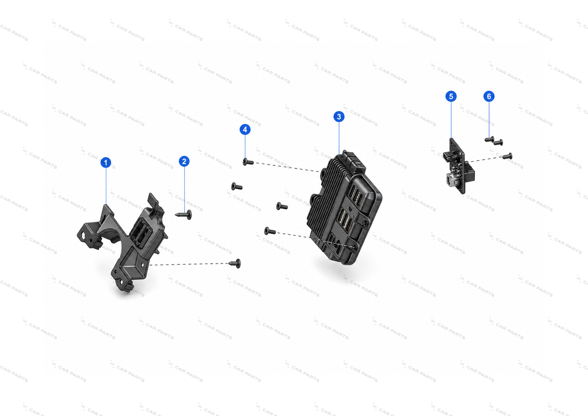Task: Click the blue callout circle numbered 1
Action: click(x=106, y=163)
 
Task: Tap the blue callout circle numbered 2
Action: click(x=184, y=161)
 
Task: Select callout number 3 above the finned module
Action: click(x=339, y=117)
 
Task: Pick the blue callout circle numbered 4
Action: click(x=245, y=130)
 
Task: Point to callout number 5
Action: click(x=451, y=97)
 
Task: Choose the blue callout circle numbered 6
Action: click(x=489, y=97)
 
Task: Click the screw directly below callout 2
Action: click(x=183, y=215)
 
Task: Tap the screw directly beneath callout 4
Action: click(x=248, y=162)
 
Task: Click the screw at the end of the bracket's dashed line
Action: click(x=235, y=264)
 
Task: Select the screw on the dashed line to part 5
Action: click(x=508, y=156)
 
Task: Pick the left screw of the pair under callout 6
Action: click(x=490, y=139)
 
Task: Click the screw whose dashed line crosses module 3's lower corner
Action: click(x=270, y=231)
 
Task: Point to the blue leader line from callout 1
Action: click(x=106, y=186)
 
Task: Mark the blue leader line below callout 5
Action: click(x=451, y=120)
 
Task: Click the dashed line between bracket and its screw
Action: click(x=189, y=264)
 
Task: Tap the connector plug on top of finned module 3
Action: click(x=354, y=161)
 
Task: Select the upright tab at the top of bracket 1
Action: click(x=153, y=201)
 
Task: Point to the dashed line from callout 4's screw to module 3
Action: click(x=287, y=167)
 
